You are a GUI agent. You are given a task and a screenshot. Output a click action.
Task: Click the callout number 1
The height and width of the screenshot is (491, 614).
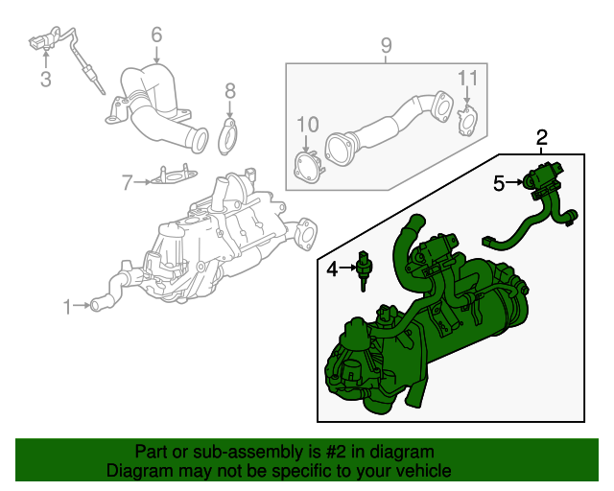(x=67, y=307)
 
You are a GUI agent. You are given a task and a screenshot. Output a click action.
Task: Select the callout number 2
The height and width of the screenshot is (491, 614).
(x=542, y=138)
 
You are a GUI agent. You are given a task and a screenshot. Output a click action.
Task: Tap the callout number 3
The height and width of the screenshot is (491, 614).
(x=45, y=80)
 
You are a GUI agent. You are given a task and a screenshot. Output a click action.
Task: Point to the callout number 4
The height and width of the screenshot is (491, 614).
(x=332, y=269)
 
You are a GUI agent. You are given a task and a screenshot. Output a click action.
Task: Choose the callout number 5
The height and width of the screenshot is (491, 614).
(x=499, y=182)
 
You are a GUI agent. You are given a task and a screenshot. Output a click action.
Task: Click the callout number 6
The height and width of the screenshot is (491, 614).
(x=156, y=36)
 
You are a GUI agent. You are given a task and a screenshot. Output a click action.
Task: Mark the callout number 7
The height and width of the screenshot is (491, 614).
(x=127, y=180)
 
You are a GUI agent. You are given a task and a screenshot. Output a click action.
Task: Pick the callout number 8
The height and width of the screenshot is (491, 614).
(x=230, y=91)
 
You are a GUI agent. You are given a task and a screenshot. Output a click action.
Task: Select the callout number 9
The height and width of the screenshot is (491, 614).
(x=386, y=44)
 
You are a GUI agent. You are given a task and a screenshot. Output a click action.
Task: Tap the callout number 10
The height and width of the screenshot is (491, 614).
(x=306, y=124)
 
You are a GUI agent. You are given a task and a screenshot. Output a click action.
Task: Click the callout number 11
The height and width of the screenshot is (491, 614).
(x=466, y=78)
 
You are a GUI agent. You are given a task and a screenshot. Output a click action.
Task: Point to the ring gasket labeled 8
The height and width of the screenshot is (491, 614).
(x=229, y=137)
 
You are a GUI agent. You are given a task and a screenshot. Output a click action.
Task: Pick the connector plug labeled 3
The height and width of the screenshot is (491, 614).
(x=39, y=41)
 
